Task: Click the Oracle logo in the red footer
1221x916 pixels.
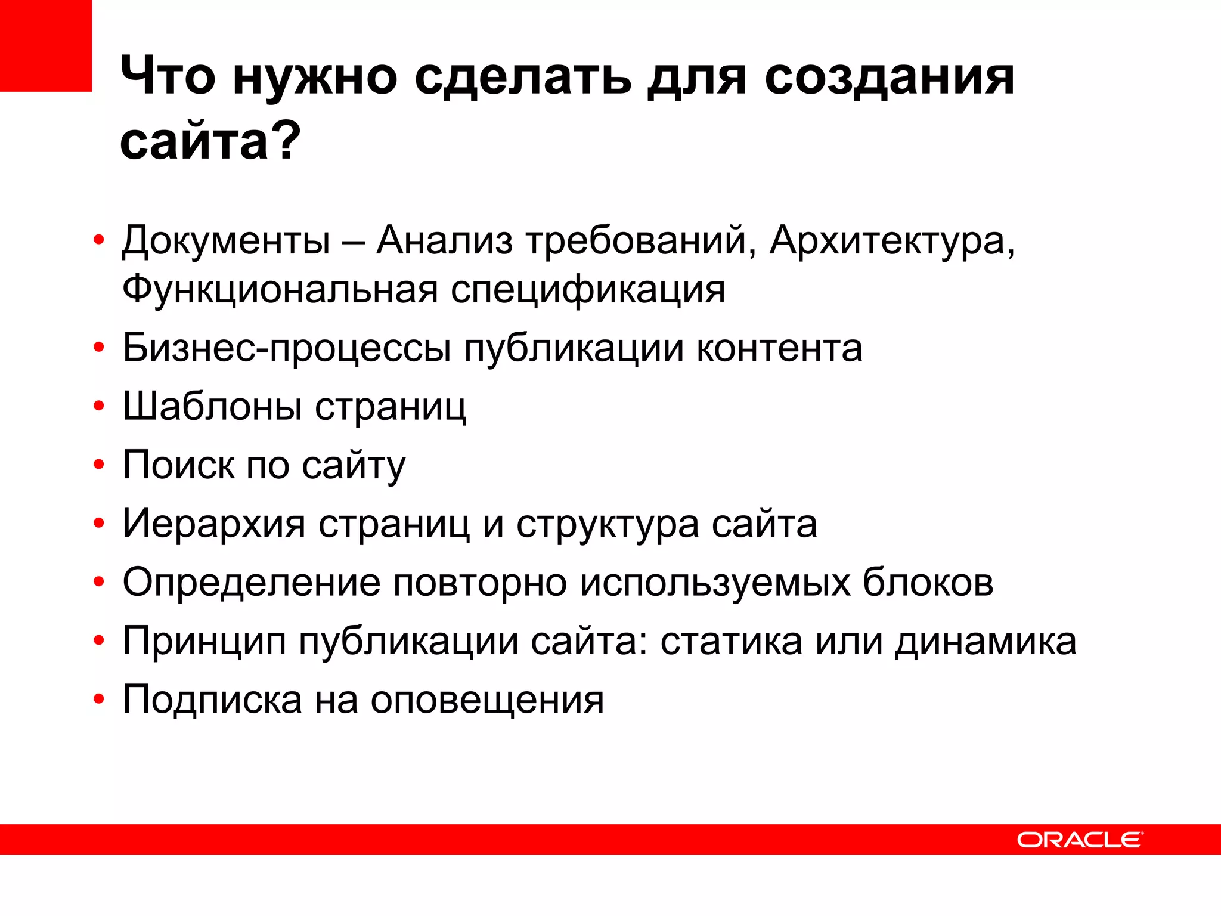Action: click(x=1080, y=840)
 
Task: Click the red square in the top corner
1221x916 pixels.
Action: click(x=46, y=45)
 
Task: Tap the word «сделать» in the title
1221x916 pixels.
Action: click(x=522, y=78)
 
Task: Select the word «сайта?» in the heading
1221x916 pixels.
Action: click(x=210, y=141)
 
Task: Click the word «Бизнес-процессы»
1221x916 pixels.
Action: click(x=286, y=349)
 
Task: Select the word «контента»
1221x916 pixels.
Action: click(x=779, y=349)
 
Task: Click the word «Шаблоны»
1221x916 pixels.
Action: click(x=212, y=407)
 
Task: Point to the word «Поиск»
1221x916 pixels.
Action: click(x=178, y=465)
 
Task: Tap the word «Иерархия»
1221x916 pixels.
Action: click(x=214, y=524)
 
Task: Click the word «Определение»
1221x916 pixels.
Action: click(x=251, y=583)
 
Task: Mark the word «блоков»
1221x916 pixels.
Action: click(x=928, y=583)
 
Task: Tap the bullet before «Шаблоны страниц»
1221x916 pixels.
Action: click(x=99, y=407)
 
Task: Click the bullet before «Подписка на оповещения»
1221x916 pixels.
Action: click(x=99, y=699)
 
